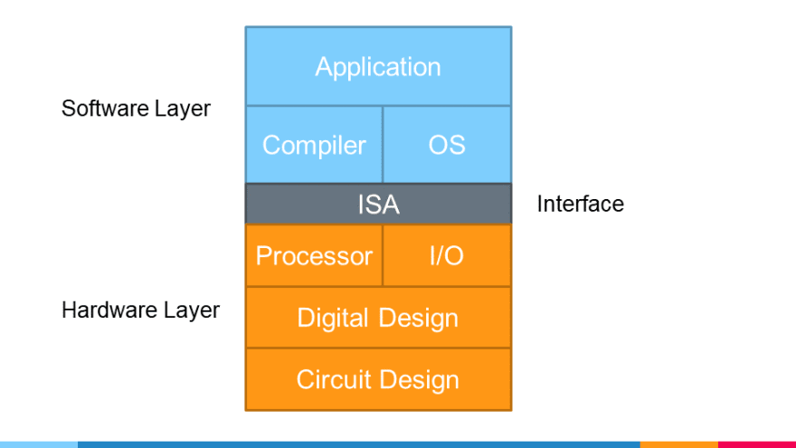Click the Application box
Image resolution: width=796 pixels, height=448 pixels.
[378, 66]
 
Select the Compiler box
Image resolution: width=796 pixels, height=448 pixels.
[314, 145]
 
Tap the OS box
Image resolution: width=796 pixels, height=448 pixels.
[447, 145]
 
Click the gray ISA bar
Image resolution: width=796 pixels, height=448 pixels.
[378, 205]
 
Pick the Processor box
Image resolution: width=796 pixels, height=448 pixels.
[314, 256]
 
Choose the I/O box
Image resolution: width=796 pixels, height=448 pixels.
[447, 256]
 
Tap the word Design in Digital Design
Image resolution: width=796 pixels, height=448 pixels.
[418, 318]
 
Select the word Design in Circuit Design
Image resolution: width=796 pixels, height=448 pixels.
[418, 379]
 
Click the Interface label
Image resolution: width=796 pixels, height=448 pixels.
[580, 204]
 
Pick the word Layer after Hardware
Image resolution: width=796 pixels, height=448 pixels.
[191, 310]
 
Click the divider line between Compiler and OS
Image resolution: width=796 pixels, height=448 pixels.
[383, 145]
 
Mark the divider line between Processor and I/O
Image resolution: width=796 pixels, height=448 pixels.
[383, 256]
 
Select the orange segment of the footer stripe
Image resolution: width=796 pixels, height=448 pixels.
[678, 444]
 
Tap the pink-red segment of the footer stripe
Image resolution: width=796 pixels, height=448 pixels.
[756, 444]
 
